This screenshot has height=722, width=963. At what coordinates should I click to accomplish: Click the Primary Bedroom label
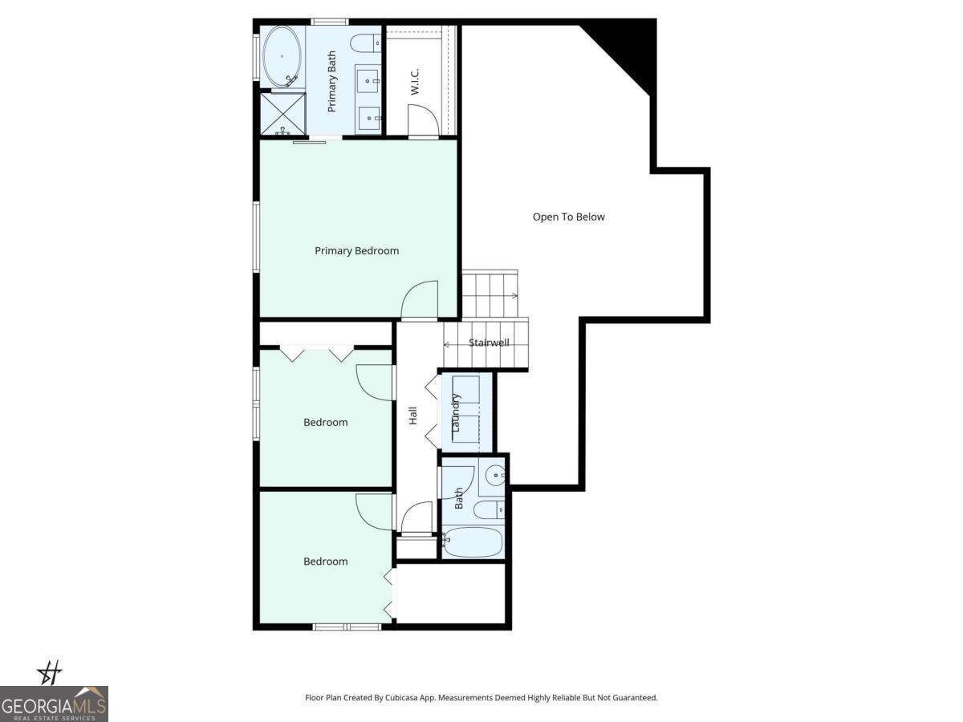coord(356,251)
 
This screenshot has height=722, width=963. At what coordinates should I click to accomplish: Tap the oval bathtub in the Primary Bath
coord(282,56)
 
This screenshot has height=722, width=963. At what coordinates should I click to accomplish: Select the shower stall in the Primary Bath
coord(282,114)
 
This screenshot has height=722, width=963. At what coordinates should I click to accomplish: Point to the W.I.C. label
coord(415,81)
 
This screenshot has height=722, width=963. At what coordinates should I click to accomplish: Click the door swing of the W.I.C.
coord(423,120)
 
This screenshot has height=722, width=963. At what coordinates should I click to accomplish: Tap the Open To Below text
coord(568,217)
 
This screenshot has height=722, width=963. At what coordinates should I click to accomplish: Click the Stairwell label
coord(489,343)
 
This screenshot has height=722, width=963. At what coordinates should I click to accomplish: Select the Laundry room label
coord(456,413)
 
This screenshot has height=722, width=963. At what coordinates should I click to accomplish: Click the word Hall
coord(413,416)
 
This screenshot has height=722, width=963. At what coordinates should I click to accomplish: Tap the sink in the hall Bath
coord(495,477)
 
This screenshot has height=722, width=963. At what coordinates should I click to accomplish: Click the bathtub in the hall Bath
coord(473,542)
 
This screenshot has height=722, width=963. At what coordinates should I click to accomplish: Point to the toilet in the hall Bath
coord(487,509)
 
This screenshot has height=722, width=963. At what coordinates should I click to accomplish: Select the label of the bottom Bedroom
coord(325,562)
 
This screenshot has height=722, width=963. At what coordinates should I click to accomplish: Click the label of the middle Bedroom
coord(325,423)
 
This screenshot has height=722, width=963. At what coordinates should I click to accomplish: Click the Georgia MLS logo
coord(54,703)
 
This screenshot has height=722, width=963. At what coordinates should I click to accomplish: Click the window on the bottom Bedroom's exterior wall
coord(347,627)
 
